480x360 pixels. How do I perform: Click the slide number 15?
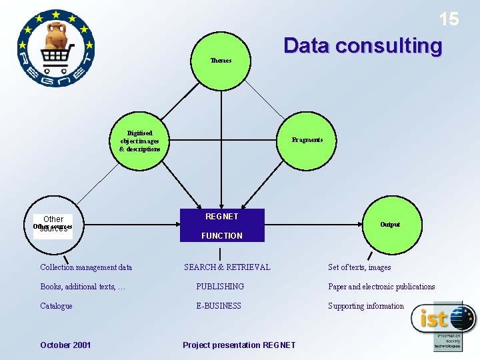(449, 20)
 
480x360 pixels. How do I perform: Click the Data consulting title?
(362, 46)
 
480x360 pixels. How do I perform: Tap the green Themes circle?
(221, 61)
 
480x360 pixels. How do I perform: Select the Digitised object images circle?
(140, 141)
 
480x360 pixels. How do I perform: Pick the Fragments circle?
(307, 140)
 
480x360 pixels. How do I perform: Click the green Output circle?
(390, 225)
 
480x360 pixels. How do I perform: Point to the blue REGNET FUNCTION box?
(222, 225)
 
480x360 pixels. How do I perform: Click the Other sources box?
(53, 225)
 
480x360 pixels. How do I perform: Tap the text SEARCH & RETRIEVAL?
(227, 267)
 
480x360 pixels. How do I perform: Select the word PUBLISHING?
(220, 287)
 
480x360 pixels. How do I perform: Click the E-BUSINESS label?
(219, 306)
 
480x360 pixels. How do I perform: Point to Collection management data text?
(86, 267)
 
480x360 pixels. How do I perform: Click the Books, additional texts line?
(83, 287)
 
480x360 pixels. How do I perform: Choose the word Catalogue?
(56, 306)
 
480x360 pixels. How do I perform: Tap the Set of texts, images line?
(359, 267)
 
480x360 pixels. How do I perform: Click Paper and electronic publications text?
(381, 287)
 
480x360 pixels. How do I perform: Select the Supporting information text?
(366, 306)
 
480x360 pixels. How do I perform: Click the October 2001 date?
(65, 345)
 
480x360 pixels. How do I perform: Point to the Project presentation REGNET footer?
(239, 345)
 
